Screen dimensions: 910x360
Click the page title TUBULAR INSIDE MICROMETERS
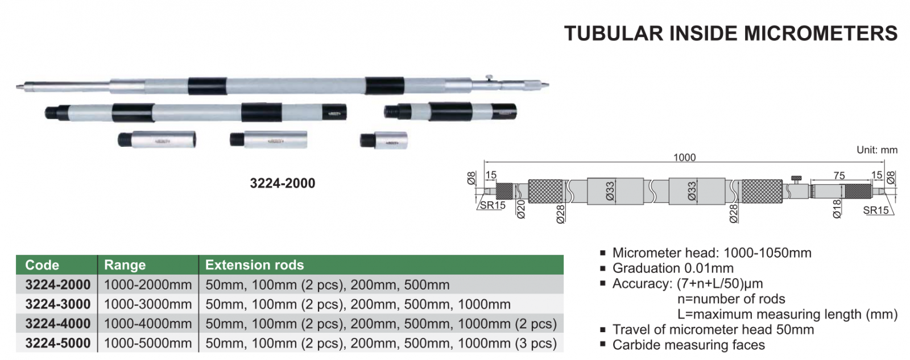[x=730, y=34]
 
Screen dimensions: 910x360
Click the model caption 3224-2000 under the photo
[x=282, y=183]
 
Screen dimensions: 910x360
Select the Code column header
[x=42, y=265]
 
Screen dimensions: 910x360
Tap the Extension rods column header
[x=254, y=265]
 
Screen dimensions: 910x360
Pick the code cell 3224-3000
[x=57, y=304]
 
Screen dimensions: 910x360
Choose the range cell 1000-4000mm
[x=148, y=324]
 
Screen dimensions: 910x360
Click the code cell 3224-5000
[x=57, y=343]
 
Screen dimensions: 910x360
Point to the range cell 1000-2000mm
[x=148, y=284]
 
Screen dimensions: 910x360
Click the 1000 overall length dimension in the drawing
[x=685, y=157]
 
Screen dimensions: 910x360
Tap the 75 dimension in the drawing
[x=839, y=176]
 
